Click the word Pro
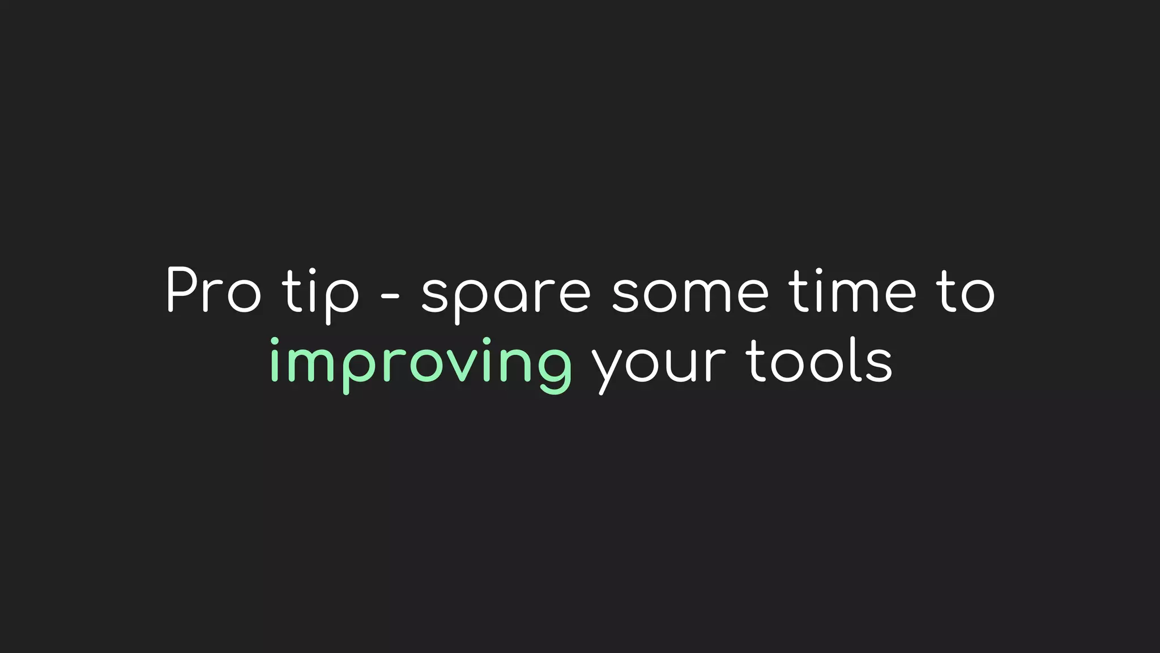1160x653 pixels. pos(214,290)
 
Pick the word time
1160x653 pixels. pos(852,290)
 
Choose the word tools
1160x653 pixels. pos(819,361)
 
